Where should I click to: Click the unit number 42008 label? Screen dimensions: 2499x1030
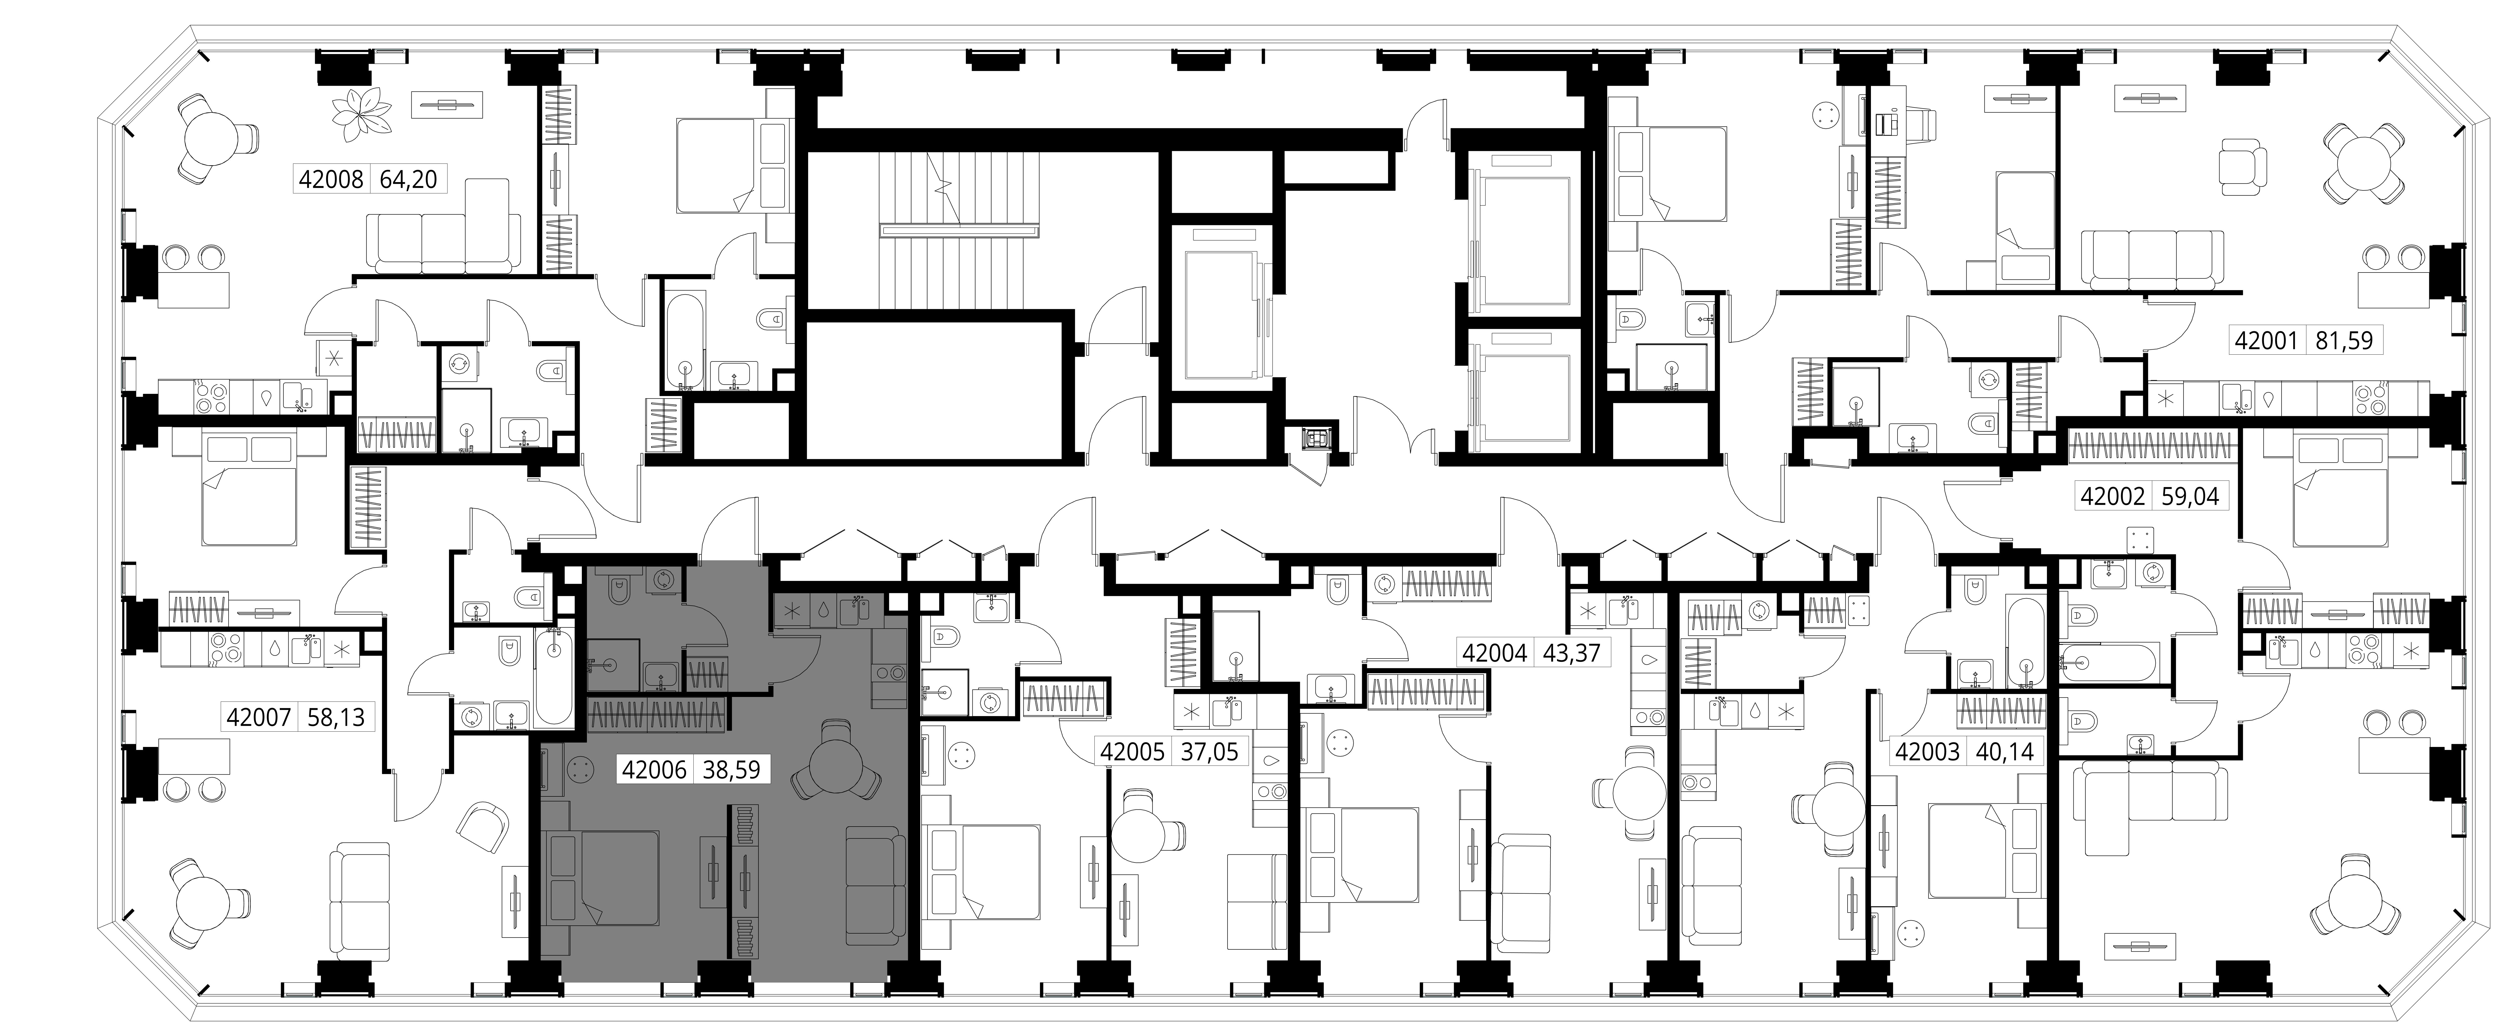point(331,179)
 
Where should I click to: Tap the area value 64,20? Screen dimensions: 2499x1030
point(407,179)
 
